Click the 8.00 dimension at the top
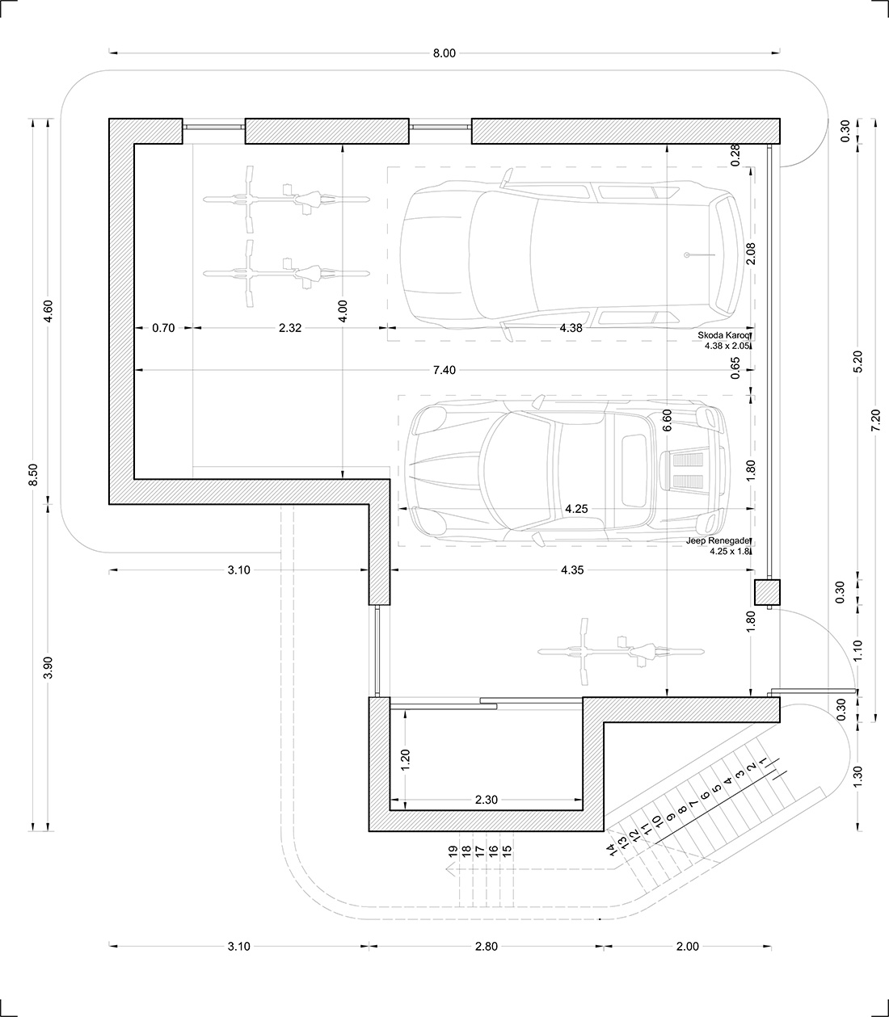pyautogui.click(x=444, y=53)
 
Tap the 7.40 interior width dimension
pyautogui.click(x=444, y=370)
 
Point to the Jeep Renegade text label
pyautogui.click(x=718, y=540)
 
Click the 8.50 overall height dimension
pyautogui.click(x=33, y=475)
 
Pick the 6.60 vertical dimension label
pyautogui.click(x=668, y=421)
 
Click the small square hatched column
pyautogui.click(x=767, y=592)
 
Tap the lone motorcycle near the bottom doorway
pyautogui.click(x=621, y=651)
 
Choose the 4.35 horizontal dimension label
pyautogui.click(x=572, y=570)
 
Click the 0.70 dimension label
pyautogui.click(x=163, y=328)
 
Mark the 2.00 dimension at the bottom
pyautogui.click(x=688, y=947)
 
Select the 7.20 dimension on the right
pyautogui.click(x=875, y=421)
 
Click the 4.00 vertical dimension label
pyautogui.click(x=342, y=311)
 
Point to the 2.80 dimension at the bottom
pyautogui.click(x=486, y=947)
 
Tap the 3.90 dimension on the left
pyautogui.click(x=48, y=667)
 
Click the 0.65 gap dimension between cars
pyautogui.click(x=735, y=368)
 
